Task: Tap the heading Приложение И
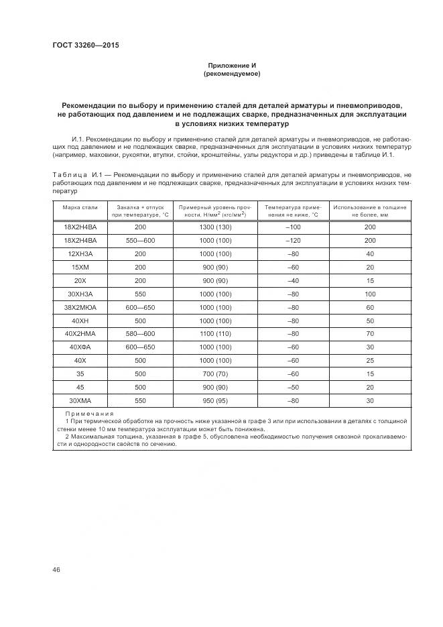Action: point(231,66)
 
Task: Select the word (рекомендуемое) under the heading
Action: point(231,74)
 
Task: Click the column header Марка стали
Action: point(80,207)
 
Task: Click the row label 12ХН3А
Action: point(80,254)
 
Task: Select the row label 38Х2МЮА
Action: point(80,306)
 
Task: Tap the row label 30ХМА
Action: point(80,400)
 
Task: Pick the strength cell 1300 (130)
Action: point(216,227)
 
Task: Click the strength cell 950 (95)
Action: point(216,400)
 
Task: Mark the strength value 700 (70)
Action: point(216,374)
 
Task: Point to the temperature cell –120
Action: point(292,240)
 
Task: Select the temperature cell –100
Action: point(292,227)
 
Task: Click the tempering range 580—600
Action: point(140,333)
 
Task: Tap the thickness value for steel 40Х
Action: point(370,360)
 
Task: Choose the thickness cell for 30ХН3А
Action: point(370,294)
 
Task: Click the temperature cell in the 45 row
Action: point(292,387)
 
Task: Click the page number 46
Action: point(56,569)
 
